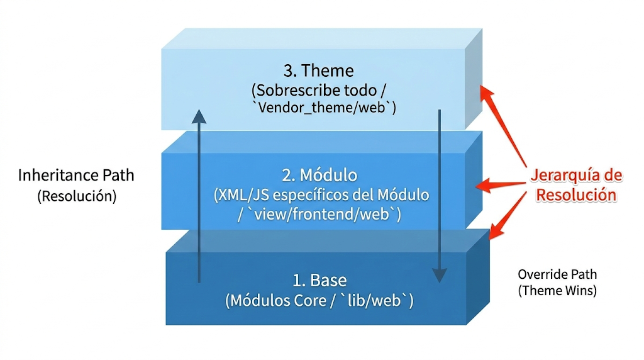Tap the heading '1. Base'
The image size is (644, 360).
click(319, 280)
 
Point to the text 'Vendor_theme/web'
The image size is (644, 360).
click(323, 108)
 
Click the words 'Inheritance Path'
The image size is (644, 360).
click(76, 175)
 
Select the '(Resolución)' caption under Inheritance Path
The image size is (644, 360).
click(77, 196)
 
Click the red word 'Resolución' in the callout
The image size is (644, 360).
click(575, 194)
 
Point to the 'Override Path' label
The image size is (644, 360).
click(557, 274)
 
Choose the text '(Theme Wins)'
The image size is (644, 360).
click(557, 291)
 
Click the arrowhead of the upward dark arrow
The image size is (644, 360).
click(199, 116)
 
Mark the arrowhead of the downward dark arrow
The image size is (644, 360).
click(439, 275)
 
